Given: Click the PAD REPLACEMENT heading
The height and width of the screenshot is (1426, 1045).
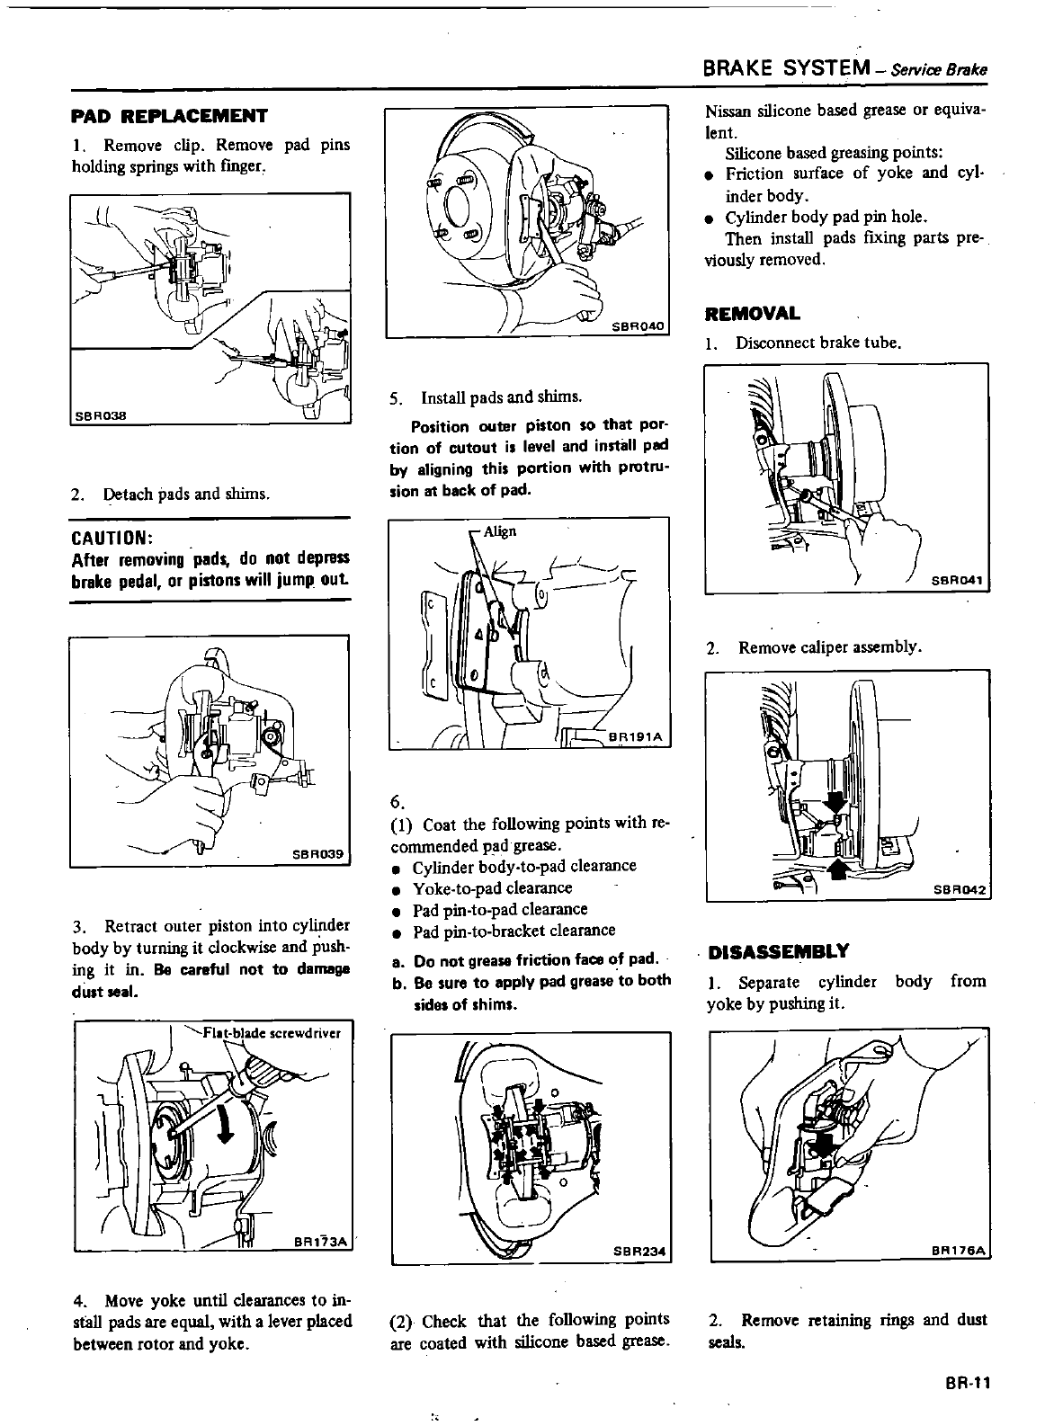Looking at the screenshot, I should click(169, 116).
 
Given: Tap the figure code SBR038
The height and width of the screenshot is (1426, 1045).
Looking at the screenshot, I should click(100, 414).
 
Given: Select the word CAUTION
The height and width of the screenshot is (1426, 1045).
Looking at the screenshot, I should click(110, 538).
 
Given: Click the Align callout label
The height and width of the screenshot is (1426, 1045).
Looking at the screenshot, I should click(500, 531).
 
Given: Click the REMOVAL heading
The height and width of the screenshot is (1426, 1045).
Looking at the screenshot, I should click(752, 314).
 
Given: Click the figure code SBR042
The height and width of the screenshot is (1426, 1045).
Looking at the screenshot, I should click(960, 889).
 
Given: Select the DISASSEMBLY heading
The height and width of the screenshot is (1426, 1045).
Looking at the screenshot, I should click(778, 951).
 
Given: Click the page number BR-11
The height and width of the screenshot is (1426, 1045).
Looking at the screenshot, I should click(967, 1384).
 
